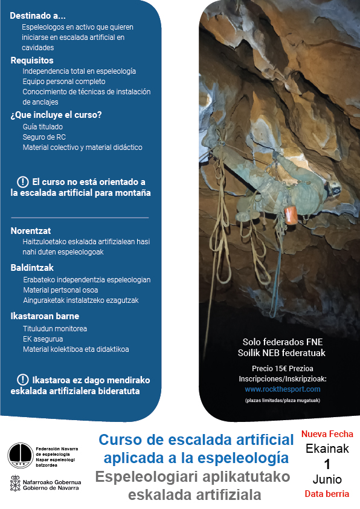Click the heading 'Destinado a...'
[38, 15]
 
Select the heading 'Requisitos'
[32, 60]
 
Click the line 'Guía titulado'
[42, 127]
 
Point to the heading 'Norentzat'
[30, 230]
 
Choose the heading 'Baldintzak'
[32, 267]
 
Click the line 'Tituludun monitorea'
[54, 328]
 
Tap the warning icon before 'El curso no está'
[23, 182]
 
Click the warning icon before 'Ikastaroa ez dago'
[23, 380]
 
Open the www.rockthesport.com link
[282, 389]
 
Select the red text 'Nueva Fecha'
[327, 434]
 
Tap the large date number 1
[327, 464]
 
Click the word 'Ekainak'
[327, 449]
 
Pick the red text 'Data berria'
[327, 494]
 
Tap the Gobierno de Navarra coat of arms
[14, 485]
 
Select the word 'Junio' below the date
[327, 479]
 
